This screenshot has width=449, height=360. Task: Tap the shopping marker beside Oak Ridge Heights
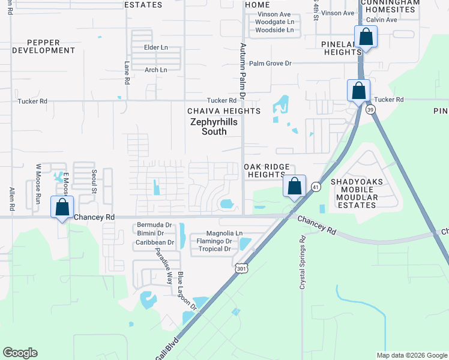click(x=294, y=186)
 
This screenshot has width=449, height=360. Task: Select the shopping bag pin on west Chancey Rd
click(x=62, y=207)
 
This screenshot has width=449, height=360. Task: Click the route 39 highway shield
click(x=370, y=109)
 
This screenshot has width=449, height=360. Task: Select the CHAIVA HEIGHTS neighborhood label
click(x=224, y=111)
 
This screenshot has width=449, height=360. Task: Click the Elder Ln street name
click(x=155, y=47)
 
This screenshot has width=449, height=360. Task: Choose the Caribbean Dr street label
click(x=154, y=242)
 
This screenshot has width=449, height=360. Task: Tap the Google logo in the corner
click(x=20, y=353)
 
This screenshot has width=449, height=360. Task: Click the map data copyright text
click(x=411, y=355)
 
